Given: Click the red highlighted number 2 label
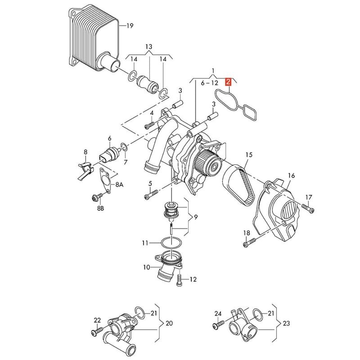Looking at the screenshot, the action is pyautogui.click(x=228, y=82).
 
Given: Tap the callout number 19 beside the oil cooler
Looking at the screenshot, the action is pyautogui.click(x=130, y=26).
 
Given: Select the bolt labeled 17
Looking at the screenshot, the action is pyautogui.click(x=308, y=208).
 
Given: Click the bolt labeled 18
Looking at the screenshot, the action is pyautogui.click(x=249, y=243).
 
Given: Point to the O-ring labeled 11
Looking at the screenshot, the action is pyautogui.click(x=172, y=243).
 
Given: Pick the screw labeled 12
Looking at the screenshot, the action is pyautogui.click(x=180, y=280).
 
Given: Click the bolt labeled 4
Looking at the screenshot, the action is pyautogui.click(x=149, y=126).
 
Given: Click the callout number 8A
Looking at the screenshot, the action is pyautogui.click(x=119, y=184).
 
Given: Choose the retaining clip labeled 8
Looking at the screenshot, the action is pyautogui.click(x=85, y=170).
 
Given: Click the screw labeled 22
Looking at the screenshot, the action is pyautogui.click(x=97, y=331).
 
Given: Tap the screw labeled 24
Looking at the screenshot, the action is pyautogui.click(x=218, y=324).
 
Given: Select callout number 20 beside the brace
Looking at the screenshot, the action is pyautogui.click(x=169, y=323).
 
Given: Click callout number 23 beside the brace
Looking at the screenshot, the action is pyautogui.click(x=286, y=323).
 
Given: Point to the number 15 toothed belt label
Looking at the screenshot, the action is pyautogui.click(x=249, y=155).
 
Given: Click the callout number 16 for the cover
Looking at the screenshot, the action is pyautogui.click(x=291, y=175).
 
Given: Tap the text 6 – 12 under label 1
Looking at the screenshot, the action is pyautogui.click(x=209, y=83).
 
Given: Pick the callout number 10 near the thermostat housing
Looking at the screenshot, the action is pyautogui.click(x=147, y=267).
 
